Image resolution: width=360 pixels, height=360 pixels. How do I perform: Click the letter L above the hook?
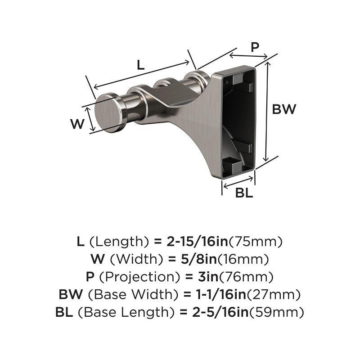(140, 65)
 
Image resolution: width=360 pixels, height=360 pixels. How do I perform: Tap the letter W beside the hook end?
(78, 123)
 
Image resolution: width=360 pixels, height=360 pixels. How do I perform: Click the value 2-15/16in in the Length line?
(192, 242)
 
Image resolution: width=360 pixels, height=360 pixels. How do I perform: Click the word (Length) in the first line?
(119, 242)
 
